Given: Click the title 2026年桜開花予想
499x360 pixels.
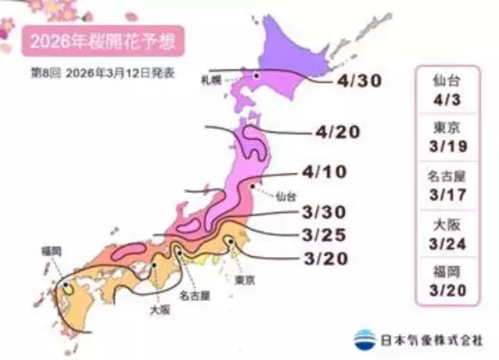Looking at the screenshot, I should pos(102,40).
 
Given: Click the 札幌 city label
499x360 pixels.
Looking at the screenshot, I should pos(210,81).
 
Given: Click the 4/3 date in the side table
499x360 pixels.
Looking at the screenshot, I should pos(448,100).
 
